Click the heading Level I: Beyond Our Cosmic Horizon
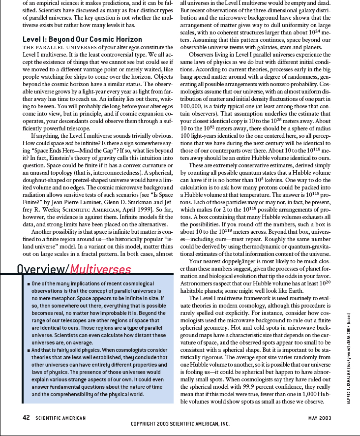82,39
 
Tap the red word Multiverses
100,269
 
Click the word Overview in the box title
41,269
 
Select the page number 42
27,418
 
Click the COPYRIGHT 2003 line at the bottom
180,424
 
